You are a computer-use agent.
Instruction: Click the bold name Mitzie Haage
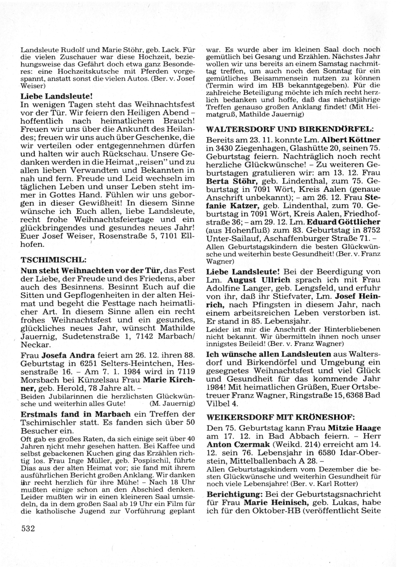[354, 428]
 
